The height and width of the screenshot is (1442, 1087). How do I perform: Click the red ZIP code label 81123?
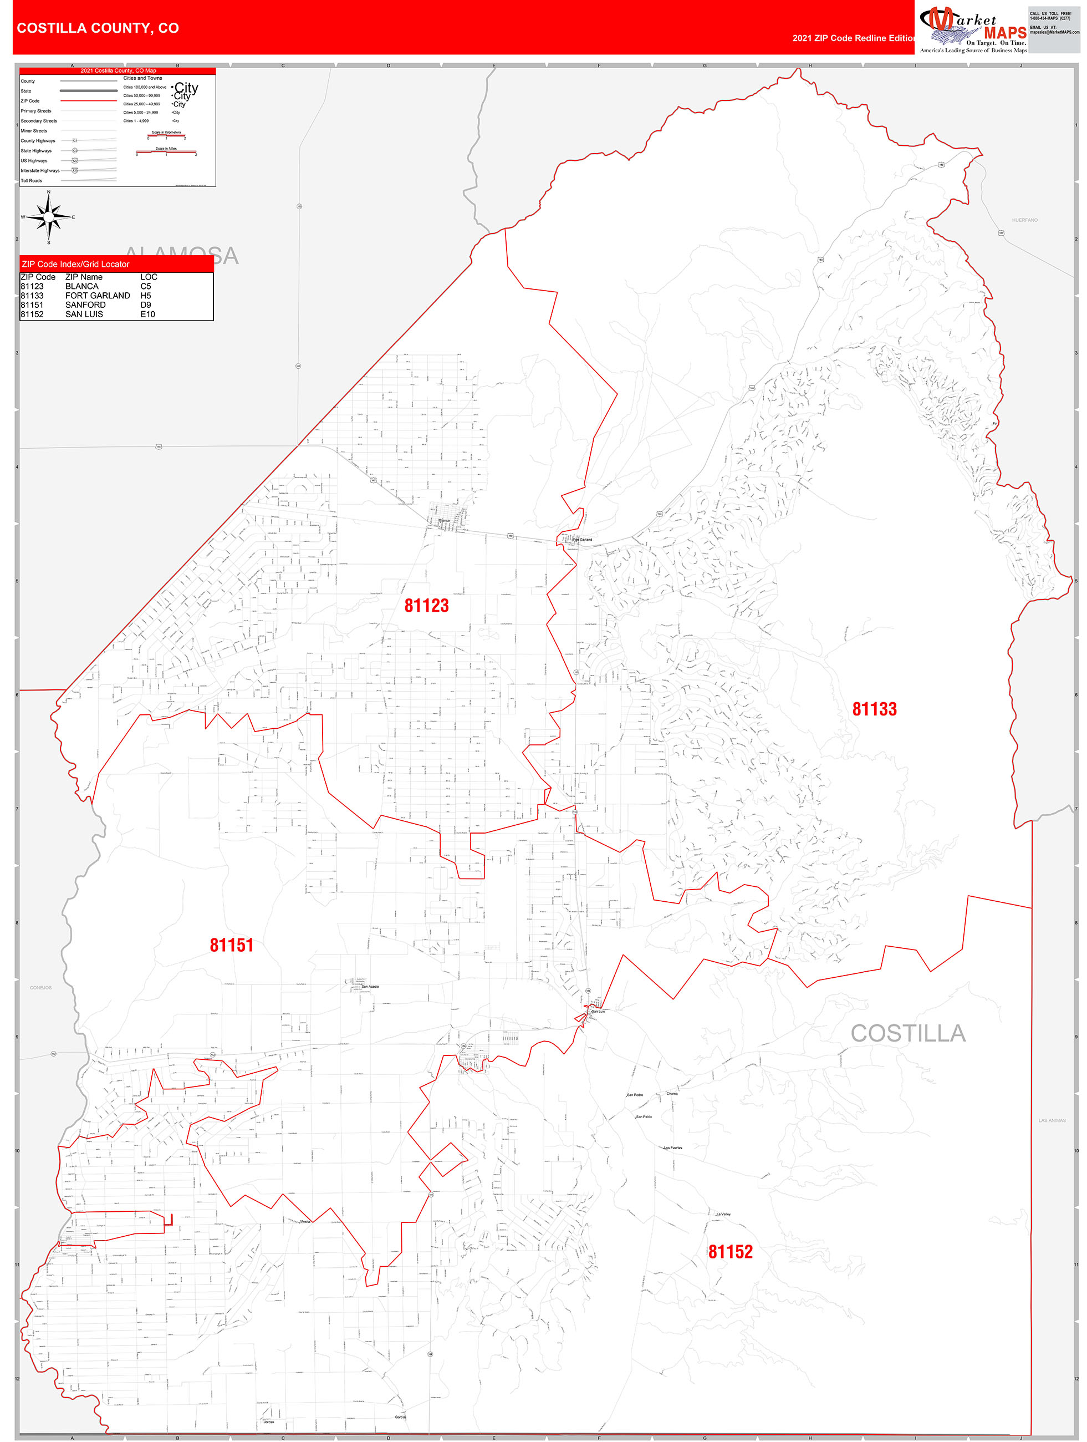tap(426, 606)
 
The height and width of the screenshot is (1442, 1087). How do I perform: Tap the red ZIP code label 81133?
tap(874, 709)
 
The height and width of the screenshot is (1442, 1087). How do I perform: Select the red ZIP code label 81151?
tap(231, 945)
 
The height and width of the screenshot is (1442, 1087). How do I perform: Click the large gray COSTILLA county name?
tap(908, 1033)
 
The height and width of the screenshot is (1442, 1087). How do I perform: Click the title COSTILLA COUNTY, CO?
tap(98, 28)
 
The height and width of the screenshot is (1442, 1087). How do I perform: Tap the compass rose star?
tap(49, 217)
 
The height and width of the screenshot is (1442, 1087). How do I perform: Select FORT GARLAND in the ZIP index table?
tap(97, 295)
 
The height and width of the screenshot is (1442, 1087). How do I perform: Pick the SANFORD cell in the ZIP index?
tap(85, 304)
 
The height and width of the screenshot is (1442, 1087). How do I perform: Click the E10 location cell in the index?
tap(147, 314)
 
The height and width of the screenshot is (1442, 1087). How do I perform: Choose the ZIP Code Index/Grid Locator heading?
tap(75, 264)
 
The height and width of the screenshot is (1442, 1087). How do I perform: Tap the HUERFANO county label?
tap(1024, 220)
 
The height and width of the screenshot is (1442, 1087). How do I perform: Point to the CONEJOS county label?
tap(40, 988)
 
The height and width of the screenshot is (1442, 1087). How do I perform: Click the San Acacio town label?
tap(370, 986)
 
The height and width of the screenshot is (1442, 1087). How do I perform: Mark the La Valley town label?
tap(723, 1215)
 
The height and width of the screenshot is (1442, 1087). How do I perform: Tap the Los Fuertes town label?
tap(672, 1148)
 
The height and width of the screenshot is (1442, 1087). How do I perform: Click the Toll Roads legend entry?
tap(31, 181)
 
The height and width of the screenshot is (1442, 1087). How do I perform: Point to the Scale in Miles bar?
tap(166, 153)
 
